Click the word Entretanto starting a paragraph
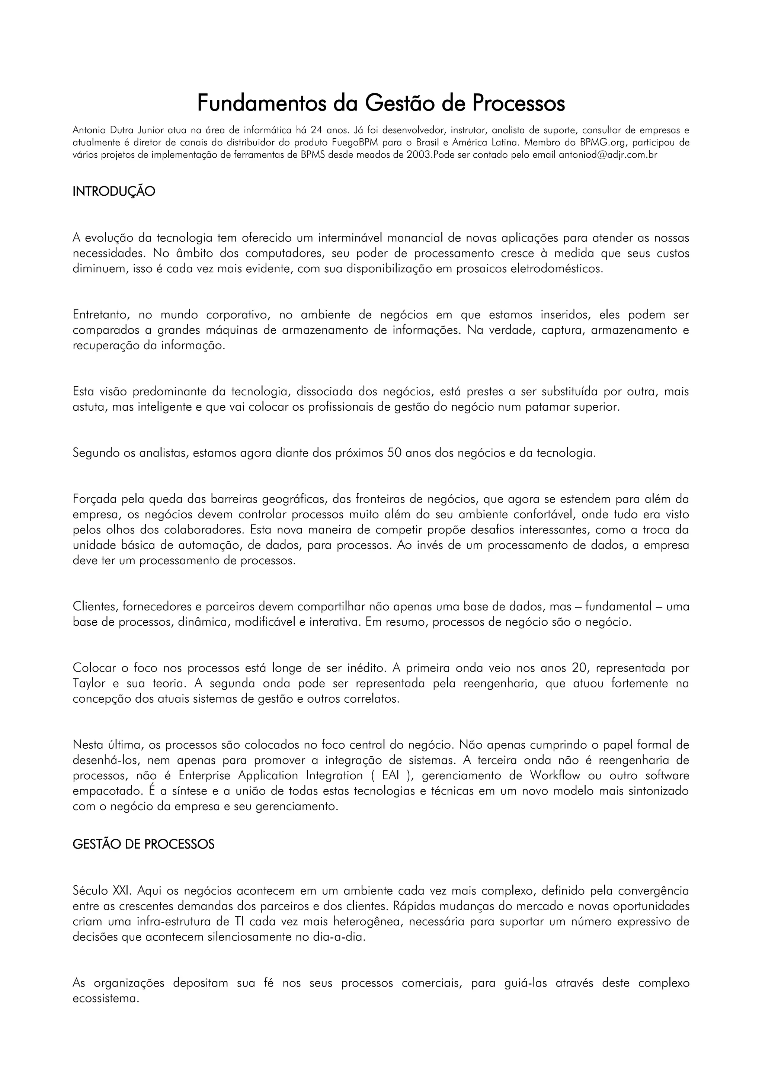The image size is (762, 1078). [x=103, y=315]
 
